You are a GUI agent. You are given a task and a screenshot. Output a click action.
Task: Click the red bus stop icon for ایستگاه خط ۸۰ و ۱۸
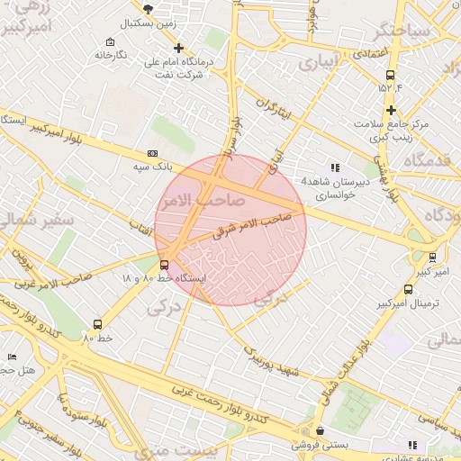(x=163, y=265)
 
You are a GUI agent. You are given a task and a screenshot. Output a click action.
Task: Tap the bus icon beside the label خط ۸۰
(x=97, y=324)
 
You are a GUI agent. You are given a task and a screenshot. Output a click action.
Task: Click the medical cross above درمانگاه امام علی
(x=178, y=48)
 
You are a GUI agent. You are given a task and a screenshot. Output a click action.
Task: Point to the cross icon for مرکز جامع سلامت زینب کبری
(x=391, y=110)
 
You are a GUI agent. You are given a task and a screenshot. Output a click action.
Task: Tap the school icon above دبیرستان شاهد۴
(x=335, y=167)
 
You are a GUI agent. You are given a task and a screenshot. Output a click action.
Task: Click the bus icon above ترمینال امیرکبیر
(x=409, y=290)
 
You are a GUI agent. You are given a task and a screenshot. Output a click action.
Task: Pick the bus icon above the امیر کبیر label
(x=432, y=257)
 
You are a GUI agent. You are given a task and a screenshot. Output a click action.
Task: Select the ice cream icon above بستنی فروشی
(x=320, y=431)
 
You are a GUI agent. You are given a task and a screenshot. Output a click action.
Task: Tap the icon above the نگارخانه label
(x=110, y=42)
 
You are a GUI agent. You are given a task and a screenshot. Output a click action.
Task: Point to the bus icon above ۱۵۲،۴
(x=389, y=75)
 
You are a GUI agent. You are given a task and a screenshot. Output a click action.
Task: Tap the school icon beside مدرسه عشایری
(x=412, y=445)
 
